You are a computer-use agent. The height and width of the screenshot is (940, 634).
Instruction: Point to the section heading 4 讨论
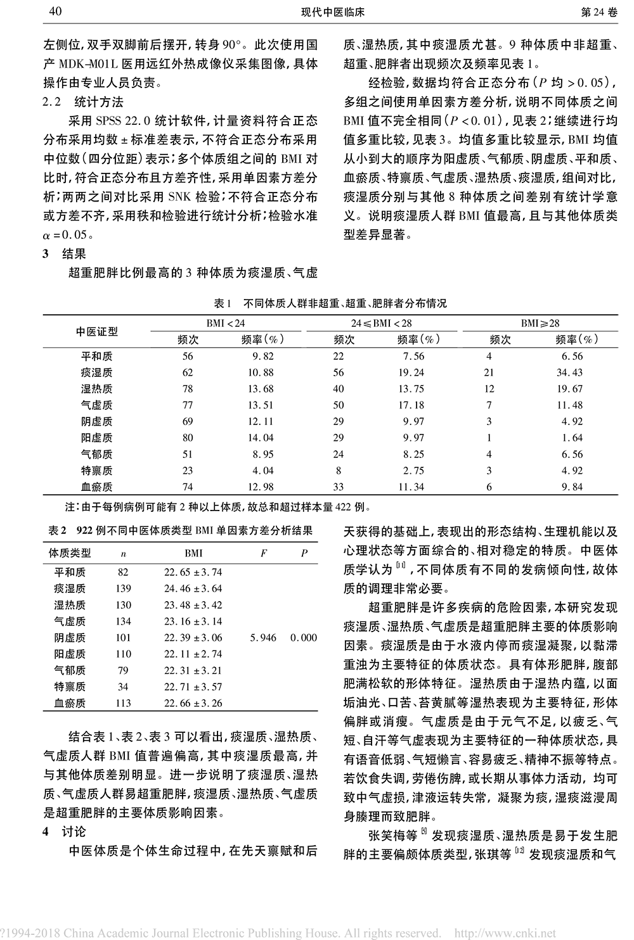64,832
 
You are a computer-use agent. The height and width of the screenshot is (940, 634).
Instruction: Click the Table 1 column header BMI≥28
540,323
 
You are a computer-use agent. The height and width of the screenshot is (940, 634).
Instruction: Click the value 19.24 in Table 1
411,372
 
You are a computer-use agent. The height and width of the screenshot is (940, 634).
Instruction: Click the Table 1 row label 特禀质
97,471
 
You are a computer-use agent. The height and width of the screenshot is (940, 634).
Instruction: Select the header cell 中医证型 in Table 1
97,331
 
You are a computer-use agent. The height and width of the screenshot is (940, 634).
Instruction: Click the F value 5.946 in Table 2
263,638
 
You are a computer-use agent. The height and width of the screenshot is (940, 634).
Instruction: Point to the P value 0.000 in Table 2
304,638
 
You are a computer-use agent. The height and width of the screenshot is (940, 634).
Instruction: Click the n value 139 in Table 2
123,588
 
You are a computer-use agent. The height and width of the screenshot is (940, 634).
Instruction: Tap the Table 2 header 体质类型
70,553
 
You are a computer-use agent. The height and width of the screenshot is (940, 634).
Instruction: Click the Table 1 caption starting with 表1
330,303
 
